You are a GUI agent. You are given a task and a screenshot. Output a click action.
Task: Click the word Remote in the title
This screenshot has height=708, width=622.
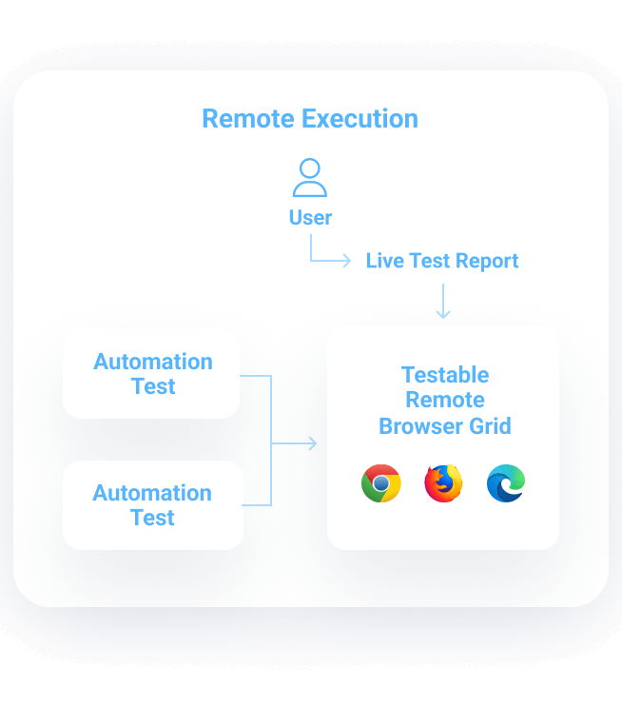(x=249, y=119)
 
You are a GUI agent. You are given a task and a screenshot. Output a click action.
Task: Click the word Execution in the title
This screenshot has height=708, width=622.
(x=360, y=119)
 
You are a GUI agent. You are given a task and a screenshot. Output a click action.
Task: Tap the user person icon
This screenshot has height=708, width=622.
(x=310, y=178)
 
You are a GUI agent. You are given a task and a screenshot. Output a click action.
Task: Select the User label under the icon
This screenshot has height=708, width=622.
(x=310, y=218)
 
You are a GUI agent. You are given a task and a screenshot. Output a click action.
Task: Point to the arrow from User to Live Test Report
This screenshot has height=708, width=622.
(x=329, y=259)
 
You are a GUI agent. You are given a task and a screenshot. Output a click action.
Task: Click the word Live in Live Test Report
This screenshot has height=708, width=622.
(x=385, y=261)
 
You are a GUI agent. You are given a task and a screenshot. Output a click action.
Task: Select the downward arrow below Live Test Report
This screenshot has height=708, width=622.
(x=442, y=302)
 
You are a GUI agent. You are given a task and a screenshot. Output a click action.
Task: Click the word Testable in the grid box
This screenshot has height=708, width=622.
(x=445, y=375)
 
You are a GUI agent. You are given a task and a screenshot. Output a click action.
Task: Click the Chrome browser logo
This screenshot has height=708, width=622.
(x=380, y=483)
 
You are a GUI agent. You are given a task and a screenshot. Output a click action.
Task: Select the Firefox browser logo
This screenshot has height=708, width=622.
(x=443, y=483)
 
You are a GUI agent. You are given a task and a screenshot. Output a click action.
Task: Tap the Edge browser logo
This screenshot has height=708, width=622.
(x=506, y=483)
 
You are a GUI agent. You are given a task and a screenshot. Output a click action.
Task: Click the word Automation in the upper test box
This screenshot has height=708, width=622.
(x=153, y=362)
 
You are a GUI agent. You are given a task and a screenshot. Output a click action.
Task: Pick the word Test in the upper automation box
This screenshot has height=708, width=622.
(x=153, y=386)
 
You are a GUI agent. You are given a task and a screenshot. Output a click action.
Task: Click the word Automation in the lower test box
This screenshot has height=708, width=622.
(x=152, y=493)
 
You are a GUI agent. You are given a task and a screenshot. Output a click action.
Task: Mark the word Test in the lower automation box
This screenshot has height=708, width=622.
(x=152, y=518)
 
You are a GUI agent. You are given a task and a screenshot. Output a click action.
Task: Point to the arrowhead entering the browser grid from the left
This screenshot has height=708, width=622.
(x=311, y=443)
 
